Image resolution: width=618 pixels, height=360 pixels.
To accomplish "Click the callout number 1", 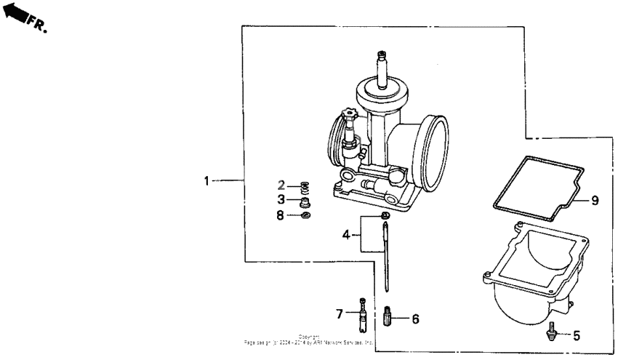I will tap(207, 180).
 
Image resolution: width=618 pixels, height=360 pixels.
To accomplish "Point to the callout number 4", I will tap(347, 234).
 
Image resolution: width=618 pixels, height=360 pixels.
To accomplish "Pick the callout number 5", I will tap(577, 336).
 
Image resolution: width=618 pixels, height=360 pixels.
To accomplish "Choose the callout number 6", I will tap(415, 318).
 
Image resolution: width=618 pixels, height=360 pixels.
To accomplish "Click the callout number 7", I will tap(339, 313).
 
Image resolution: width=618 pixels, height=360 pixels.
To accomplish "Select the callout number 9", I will tap(594, 200).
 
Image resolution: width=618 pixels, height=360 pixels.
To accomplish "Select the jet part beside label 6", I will tap(388, 317).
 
